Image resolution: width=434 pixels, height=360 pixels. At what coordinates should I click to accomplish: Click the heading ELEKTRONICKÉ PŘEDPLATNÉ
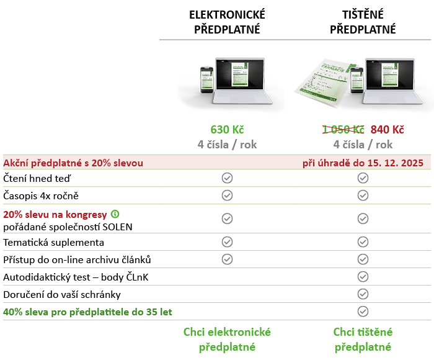click(x=227, y=22)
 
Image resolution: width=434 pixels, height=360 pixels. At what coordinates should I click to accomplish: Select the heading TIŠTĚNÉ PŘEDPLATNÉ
click(x=363, y=22)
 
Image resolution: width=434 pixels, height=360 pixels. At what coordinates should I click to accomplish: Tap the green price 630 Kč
click(x=227, y=130)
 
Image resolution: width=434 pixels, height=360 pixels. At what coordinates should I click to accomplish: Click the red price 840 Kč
click(x=387, y=130)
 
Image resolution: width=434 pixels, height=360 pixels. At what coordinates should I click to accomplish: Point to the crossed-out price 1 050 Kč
click(x=343, y=130)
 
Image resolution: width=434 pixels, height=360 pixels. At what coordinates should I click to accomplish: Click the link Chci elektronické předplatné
click(x=227, y=340)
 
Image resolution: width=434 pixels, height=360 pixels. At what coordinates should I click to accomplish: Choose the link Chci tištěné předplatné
click(x=363, y=340)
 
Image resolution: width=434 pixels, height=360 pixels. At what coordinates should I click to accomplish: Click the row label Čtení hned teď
click(x=37, y=178)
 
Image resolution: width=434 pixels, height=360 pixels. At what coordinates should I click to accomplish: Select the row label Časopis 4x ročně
click(x=41, y=196)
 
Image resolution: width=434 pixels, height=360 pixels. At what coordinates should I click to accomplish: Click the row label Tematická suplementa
click(x=54, y=242)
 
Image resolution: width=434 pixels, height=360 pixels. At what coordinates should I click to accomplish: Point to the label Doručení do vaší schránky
click(x=62, y=294)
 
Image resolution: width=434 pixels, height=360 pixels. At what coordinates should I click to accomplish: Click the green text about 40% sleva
click(x=88, y=312)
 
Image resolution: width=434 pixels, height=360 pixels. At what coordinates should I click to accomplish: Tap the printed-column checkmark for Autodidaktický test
click(x=363, y=276)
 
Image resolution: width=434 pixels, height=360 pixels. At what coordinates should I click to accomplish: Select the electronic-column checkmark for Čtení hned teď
click(x=227, y=178)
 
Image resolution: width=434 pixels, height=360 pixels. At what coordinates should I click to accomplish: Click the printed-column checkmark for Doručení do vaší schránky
click(x=363, y=294)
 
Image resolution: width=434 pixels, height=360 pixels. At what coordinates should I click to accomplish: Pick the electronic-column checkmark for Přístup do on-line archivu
click(x=227, y=259)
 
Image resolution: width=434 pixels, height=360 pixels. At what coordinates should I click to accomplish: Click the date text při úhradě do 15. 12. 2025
click(x=362, y=163)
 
